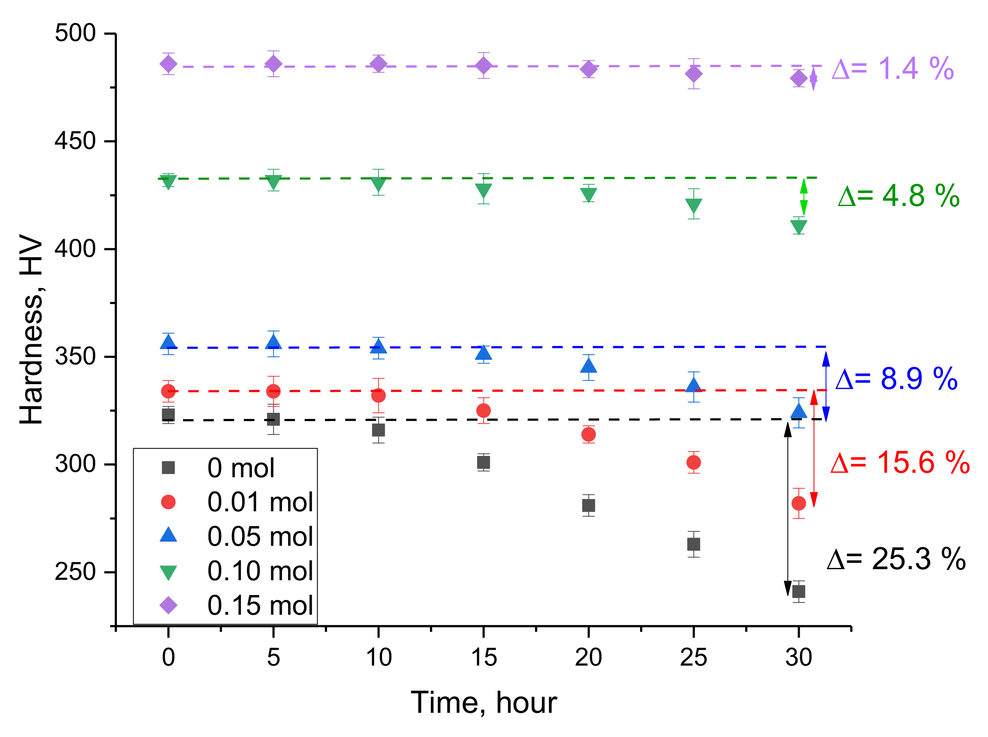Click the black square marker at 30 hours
click(798, 592)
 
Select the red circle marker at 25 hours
click(693, 462)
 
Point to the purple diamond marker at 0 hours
click(168, 64)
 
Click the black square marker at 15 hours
click(483, 462)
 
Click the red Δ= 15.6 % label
click(900, 462)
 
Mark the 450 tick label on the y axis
click(75, 141)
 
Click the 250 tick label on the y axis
click(75, 572)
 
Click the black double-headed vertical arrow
click(788, 508)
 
